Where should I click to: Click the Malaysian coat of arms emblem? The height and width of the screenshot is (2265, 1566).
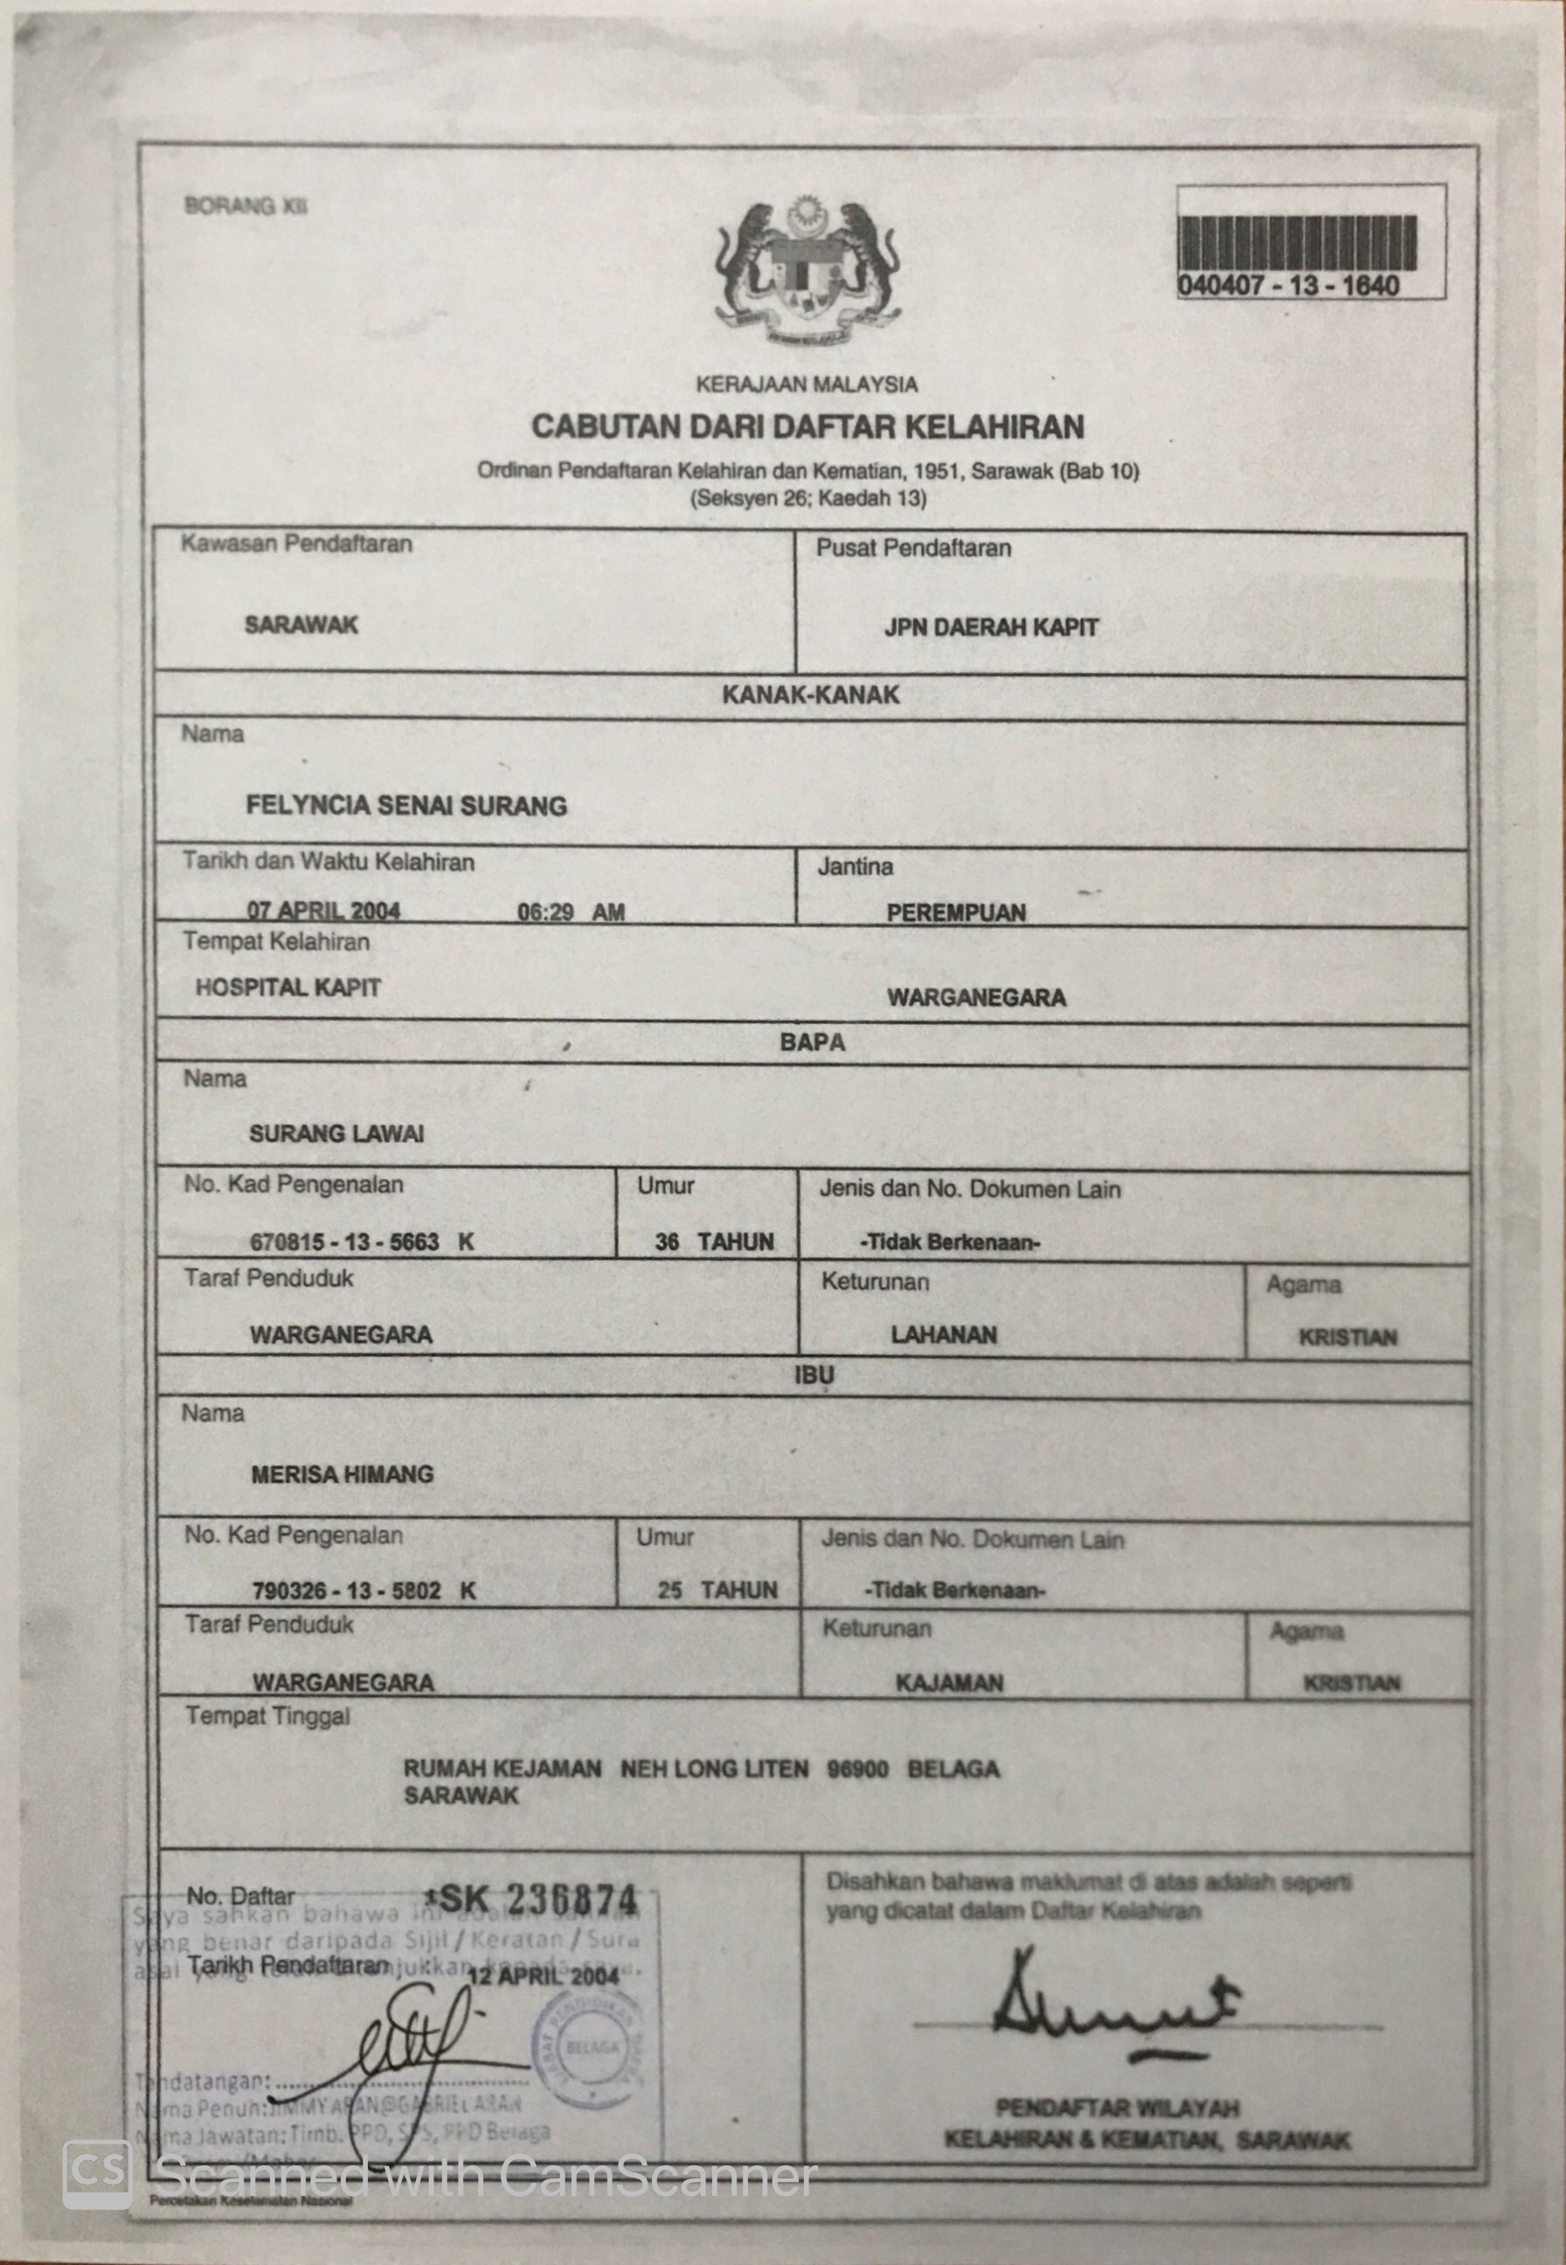tap(810, 269)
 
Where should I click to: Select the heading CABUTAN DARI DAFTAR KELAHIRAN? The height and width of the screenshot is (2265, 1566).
tap(807, 426)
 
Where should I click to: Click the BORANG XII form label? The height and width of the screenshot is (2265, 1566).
tap(246, 207)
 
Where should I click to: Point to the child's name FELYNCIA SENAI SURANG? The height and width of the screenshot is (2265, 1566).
tap(406, 807)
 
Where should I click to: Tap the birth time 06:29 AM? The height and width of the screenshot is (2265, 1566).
tap(570, 913)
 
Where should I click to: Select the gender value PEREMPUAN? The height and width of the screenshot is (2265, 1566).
tap(956, 913)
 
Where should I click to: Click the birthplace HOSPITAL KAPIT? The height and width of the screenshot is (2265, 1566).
tap(288, 987)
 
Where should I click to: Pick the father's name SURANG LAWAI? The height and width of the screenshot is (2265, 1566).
tap(336, 1134)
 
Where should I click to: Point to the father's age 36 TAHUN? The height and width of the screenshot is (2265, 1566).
tap(714, 1242)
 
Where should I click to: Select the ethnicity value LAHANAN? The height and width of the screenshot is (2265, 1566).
tap(944, 1335)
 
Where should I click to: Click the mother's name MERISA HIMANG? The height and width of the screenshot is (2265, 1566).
tap(342, 1474)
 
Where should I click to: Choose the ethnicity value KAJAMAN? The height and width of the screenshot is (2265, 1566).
tap(949, 1683)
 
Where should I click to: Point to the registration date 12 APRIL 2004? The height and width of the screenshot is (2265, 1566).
tap(544, 1975)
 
